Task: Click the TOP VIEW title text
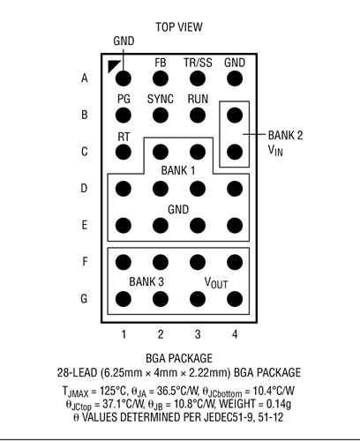click(179, 27)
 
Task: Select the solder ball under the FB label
click(161, 78)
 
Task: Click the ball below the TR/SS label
click(198, 78)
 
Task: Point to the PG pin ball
click(124, 115)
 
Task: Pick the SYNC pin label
click(161, 99)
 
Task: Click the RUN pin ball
click(198, 115)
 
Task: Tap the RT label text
click(124, 137)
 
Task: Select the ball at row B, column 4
click(235, 115)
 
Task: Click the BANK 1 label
click(178, 170)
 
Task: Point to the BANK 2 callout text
click(285, 136)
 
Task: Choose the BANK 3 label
click(146, 281)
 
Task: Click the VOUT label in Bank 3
click(216, 283)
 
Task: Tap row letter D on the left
click(84, 188)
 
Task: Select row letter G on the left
click(84, 299)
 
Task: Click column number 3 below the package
click(198, 334)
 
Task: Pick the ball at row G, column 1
click(124, 299)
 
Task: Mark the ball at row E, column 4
click(235, 226)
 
